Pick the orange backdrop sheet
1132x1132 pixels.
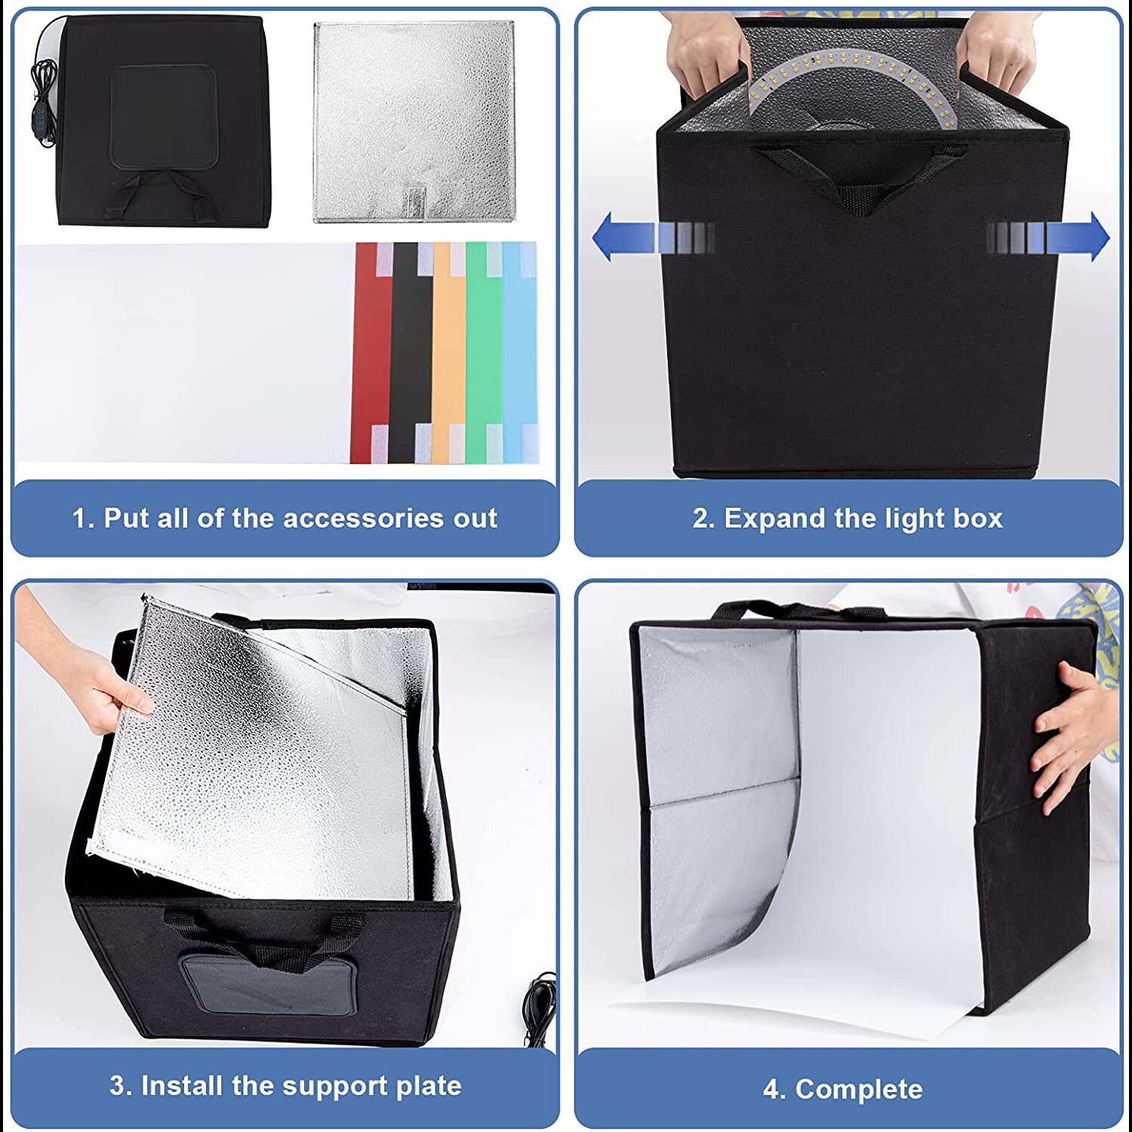[x=448, y=355]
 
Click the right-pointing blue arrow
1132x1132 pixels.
[x=1072, y=237]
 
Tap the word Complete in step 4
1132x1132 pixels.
[x=859, y=1089]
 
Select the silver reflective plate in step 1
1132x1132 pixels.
[x=414, y=121]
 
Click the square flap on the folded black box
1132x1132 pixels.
[x=164, y=117]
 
